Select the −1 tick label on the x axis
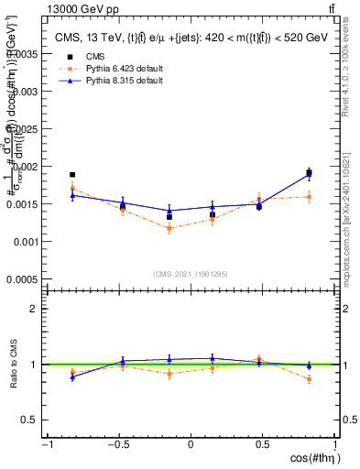(x=45, y=444)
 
